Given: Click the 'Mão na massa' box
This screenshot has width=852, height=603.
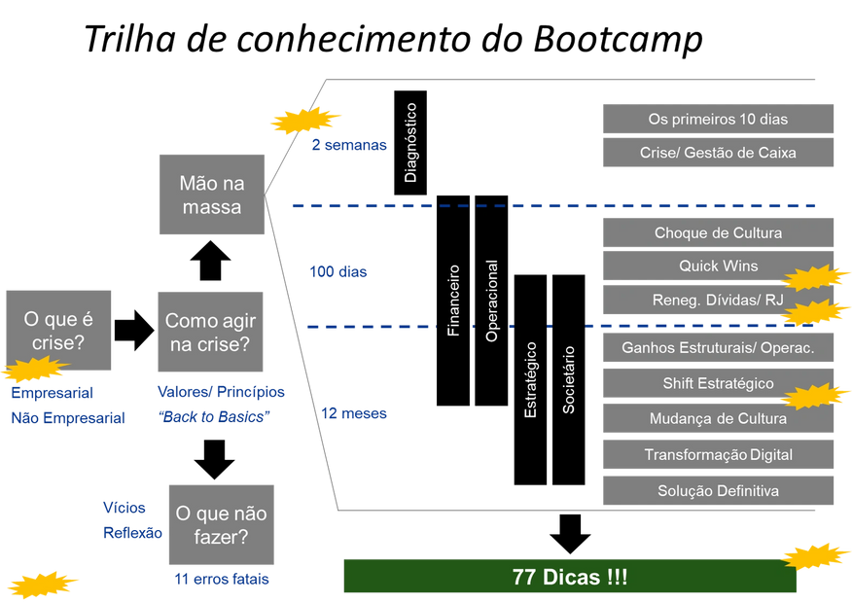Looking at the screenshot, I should coord(212,195).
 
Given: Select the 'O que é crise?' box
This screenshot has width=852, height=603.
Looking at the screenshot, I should coord(58,331).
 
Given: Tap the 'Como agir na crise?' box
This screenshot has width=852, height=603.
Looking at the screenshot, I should coord(210,332).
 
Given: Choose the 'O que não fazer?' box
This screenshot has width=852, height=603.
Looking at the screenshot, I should coord(221,524).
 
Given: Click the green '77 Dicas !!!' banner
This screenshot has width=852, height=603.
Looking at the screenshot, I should coord(570,576).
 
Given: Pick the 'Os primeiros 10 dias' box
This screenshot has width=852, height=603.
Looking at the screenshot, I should coord(718,119).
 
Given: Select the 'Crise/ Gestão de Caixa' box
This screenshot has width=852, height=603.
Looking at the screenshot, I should coord(718,153).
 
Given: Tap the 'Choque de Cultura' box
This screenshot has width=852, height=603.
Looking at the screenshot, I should coord(718,233).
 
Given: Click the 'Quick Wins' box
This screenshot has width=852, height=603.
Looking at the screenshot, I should coord(718,266).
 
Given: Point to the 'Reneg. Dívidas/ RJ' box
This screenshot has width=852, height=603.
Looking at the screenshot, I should coord(718,300).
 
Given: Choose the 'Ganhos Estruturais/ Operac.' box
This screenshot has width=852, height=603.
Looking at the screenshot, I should coord(718,347).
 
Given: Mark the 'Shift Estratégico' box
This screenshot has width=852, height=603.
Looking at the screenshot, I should coord(718,383).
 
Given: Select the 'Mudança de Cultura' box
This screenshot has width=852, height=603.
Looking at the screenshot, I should coord(718,419).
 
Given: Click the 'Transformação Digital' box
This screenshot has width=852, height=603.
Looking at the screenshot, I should coord(718,454).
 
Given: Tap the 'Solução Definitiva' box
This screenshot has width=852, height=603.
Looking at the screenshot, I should coord(718,490).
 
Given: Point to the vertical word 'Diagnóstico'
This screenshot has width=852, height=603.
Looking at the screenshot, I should coord(410,143).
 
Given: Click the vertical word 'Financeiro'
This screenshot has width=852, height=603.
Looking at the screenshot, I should coord(453,301).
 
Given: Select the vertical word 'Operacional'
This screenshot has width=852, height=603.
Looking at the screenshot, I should coord(492,301).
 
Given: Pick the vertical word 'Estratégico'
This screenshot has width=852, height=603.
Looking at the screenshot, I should coord(530,379).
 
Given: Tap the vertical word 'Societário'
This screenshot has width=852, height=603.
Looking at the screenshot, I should coord(569,379).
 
